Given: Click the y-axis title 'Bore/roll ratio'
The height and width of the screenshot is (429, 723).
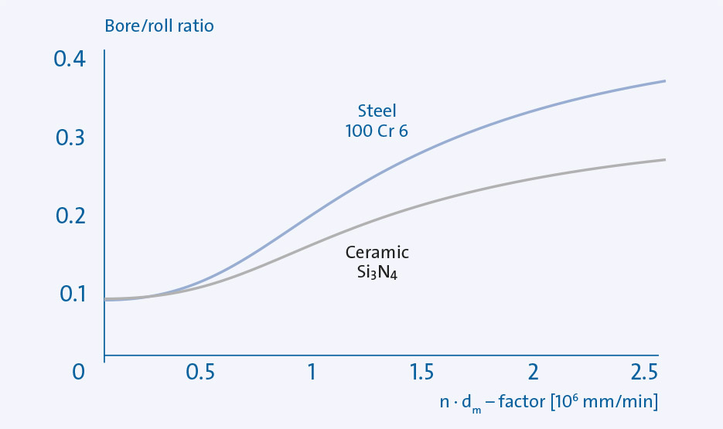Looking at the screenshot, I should [159, 26].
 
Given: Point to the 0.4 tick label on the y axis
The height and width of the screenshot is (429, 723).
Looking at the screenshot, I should [70, 60].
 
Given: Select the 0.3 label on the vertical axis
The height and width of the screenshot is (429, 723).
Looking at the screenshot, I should [70, 138].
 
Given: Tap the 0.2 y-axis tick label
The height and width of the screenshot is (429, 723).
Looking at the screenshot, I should [70, 216].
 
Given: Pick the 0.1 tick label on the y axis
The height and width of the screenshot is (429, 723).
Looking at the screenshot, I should [70, 295].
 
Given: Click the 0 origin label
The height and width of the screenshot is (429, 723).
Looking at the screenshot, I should [78, 372].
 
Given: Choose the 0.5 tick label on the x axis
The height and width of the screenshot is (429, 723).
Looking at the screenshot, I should [200, 372].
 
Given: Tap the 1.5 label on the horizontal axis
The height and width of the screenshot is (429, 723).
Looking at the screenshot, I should [421, 372].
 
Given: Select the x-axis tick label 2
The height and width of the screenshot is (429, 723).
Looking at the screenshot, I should [533, 372].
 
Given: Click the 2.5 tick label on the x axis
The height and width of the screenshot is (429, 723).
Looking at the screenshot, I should [643, 372].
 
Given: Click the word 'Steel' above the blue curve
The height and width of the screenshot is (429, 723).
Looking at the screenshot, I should [377, 111].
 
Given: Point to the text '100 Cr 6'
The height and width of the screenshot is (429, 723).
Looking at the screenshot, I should [377, 131].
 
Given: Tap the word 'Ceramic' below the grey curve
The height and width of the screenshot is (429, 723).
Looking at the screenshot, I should [377, 252].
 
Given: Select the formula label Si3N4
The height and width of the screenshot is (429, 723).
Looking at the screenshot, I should [377, 272].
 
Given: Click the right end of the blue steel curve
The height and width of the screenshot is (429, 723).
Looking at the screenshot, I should [664, 81].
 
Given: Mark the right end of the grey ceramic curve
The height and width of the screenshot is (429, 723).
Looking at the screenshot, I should [664, 160].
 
